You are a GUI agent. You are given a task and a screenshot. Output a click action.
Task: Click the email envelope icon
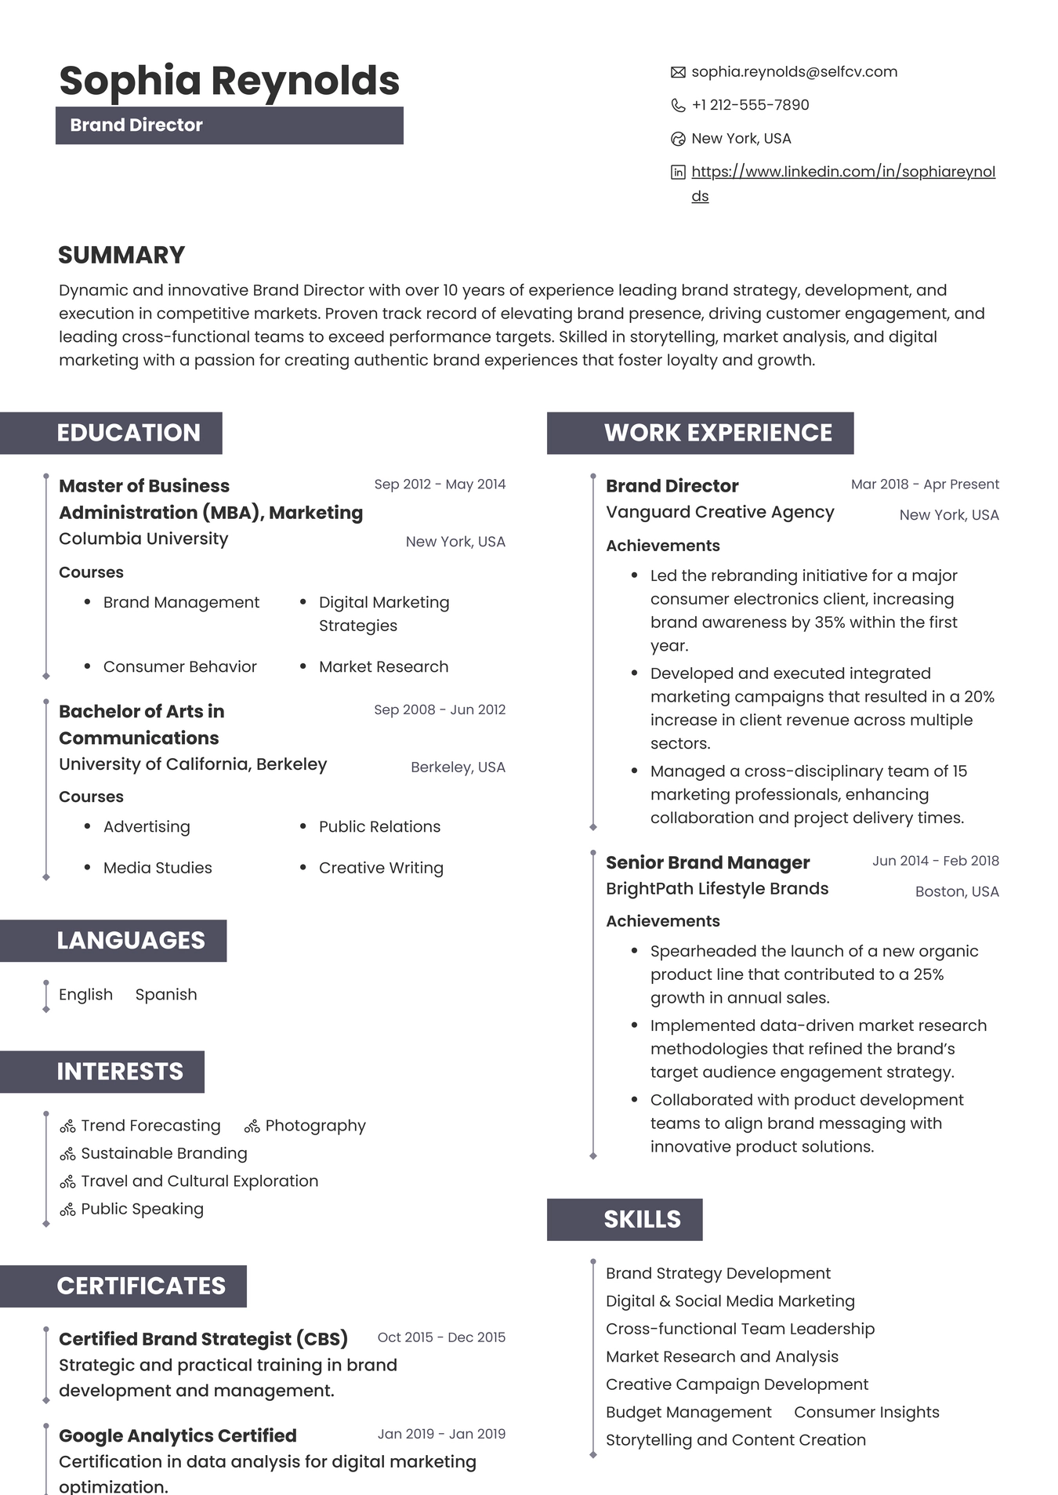tap(678, 72)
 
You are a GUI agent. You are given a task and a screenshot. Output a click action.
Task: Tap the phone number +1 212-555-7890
tap(750, 105)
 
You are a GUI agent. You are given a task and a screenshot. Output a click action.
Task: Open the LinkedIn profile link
tap(842, 172)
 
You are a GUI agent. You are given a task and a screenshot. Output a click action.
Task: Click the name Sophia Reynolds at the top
tap(230, 80)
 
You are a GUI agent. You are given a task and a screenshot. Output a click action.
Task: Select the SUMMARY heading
tap(121, 255)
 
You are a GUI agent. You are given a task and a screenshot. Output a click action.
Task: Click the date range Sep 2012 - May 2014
tap(440, 484)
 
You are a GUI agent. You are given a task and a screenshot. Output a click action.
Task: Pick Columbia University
tap(143, 539)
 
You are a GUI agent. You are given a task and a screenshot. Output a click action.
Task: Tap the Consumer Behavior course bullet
tap(179, 666)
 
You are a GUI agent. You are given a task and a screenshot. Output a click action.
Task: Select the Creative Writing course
tap(381, 868)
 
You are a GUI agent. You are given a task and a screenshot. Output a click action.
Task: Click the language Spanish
tap(166, 994)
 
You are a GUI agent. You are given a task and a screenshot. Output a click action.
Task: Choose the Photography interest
tap(315, 1126)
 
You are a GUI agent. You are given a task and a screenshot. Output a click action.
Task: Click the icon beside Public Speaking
tap(68, 1210)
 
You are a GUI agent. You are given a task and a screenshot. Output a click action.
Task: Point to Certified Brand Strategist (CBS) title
tap(203, 1339)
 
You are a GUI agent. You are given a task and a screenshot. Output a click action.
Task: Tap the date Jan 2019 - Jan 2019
tap(441, 1434)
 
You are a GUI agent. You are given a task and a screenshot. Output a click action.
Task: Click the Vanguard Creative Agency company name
tap(719, 512)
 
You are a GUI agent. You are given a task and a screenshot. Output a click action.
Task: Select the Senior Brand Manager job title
tap(708, 862)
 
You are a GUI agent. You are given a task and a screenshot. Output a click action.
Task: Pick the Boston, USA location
tap(957, 891)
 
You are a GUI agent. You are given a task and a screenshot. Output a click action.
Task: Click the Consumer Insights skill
tap(866, 1412)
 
